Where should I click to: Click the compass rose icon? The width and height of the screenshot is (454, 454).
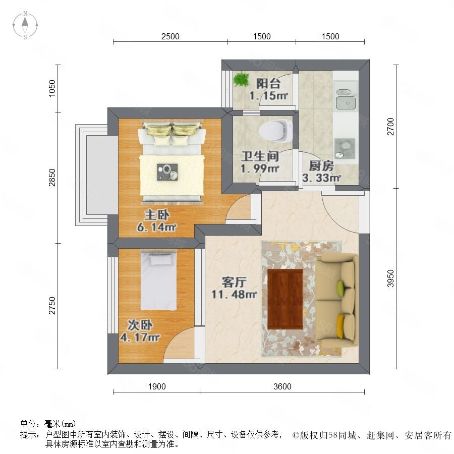coord(25,25)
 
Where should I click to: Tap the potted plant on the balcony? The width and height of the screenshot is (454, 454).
coord(241,79)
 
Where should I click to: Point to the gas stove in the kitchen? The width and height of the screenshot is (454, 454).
coord(345,148)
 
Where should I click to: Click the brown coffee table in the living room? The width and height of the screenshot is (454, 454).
coord(285,299)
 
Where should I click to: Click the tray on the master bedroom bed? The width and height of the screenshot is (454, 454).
coord(167,172)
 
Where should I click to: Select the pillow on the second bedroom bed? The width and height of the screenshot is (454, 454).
coord(161,259)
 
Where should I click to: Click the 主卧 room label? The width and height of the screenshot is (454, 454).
coord(157,215)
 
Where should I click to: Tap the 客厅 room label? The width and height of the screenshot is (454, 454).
coord(234,282)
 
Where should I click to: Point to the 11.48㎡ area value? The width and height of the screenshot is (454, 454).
coord(234,295)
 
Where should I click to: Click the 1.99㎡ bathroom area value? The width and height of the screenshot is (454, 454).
coord(260,168)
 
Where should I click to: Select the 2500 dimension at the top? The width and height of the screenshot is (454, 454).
coord(171,36)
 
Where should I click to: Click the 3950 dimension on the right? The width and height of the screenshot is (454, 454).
coord(390,278)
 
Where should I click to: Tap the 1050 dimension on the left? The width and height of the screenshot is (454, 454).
coord(52,88)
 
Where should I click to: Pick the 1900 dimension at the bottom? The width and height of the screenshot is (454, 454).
coord(157,386)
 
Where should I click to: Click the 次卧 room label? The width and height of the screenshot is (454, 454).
coord(140,325)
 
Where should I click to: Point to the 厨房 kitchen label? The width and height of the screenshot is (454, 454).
coord(321,166)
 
